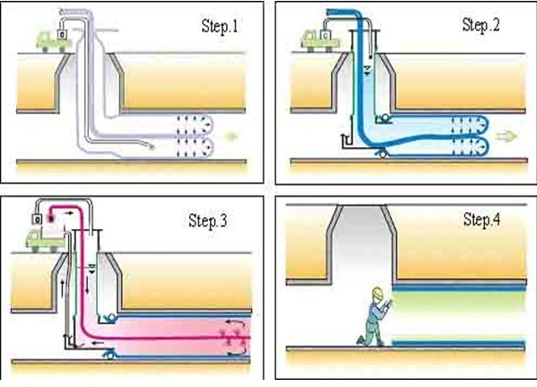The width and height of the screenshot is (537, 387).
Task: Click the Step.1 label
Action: [x=219, y=26]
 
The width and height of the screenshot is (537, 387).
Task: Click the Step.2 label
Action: [x=481, y=25]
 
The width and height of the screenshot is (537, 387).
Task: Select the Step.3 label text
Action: [x=208, y=221]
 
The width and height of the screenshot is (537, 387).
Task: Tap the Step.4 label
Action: [x=481, y=220]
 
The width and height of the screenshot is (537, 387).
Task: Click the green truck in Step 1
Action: [x=52, y=42]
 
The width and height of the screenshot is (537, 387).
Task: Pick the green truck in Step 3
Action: [x=45, y=241]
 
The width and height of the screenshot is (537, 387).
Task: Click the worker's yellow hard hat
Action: [x=377, y=292]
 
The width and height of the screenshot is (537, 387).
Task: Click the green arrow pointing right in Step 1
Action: [x=231, y=136]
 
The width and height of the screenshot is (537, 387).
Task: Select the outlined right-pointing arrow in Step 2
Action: [x=507, y=136]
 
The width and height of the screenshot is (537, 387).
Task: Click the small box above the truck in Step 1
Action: [x=62, y=35]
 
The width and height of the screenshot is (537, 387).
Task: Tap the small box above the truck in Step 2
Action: [x=325, y=35]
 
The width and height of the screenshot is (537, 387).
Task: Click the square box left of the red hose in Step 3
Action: [x=37, y=219]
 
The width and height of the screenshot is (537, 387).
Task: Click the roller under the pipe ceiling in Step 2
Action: [x=385, y=119]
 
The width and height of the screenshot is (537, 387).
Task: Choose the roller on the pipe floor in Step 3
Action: [x=109, y=355]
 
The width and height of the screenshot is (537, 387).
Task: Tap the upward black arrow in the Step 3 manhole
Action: [x=62, y=288]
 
